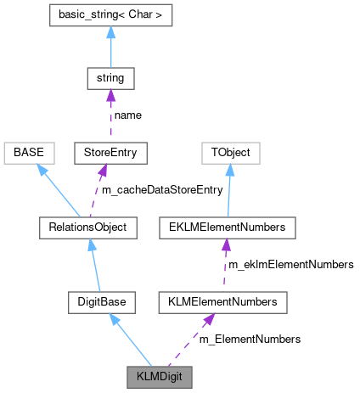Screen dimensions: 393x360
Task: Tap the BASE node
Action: pyautogui.click(x=29, y=153)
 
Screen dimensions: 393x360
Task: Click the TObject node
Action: pyautogui.click(x=229, y=153)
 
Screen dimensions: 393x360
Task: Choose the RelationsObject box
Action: pyautogui.click(x=87, y=227)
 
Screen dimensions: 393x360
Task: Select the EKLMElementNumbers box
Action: pyautogui.click(x=227, y=227)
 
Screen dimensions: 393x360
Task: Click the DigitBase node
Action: pyautogui.click(x=101, y=300)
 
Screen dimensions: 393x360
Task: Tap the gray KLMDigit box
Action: pyautogui.click(x=160, y=374)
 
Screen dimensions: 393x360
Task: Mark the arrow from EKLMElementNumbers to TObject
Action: pyautogui.click(x=228, y=190)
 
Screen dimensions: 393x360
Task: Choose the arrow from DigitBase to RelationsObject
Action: pyautogui.click(x=94, y=264)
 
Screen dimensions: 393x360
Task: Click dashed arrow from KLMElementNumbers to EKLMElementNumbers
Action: pyautogui.click(x=225, y=264)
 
